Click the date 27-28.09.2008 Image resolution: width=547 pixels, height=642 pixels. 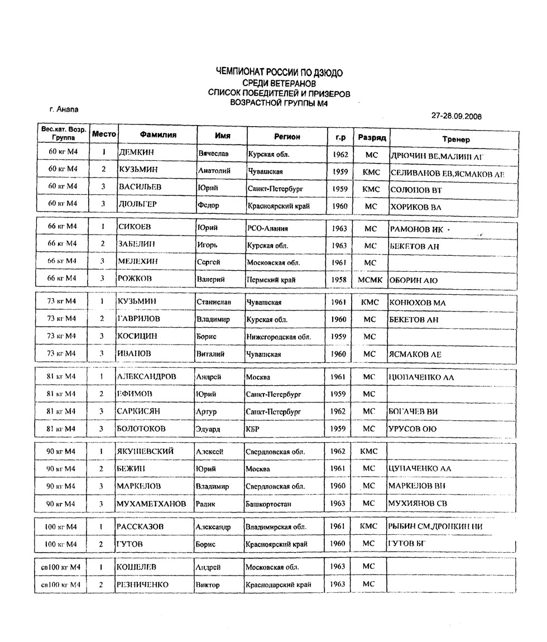click(x=457, y=116)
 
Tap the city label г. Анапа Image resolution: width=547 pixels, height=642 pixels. click(x=64, y=109)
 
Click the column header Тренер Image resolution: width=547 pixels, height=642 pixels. click(x=455, y=139)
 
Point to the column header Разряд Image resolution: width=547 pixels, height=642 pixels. click(x=372, y=137)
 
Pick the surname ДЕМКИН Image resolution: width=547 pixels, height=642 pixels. click(x=136, y=152)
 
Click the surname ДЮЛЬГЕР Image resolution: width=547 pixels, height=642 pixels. click(x=138, y=204)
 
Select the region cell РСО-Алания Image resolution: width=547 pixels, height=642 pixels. click(x=267, y=228)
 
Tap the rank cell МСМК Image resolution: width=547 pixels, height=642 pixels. click(x=370, y=280)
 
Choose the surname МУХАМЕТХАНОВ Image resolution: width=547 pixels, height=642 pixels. click(x=151, y=504)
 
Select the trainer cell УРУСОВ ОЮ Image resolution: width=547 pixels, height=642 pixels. click(x=412, y=429)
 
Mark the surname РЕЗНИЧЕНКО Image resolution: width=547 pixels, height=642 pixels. click(x=142, y=584)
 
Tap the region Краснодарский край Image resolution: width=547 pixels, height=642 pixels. click(x=278, y=585)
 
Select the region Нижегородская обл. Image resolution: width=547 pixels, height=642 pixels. click(x=279, y=337)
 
